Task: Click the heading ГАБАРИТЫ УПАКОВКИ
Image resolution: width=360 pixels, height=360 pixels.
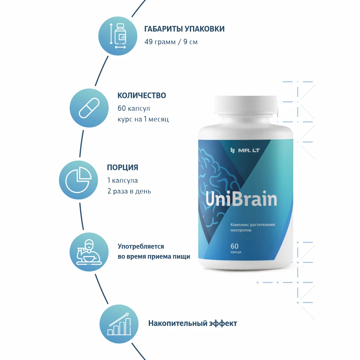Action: click(184, 29)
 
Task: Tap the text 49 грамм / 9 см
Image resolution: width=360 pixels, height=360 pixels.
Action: click(171, 42)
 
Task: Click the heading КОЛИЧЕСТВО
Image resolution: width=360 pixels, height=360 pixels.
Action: click(142, 95)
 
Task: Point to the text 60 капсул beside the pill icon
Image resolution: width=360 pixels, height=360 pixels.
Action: click(134, 108)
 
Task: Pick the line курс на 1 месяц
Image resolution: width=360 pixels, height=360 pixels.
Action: click(143, 119)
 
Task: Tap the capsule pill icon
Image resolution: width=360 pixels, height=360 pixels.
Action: click(89, 108)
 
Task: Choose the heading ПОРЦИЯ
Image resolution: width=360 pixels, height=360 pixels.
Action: click(122, 167)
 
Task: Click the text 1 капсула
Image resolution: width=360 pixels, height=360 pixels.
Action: click(122, 180)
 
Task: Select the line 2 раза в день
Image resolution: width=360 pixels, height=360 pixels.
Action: click(129, 191)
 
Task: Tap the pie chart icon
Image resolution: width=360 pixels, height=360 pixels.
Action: click(79, 180)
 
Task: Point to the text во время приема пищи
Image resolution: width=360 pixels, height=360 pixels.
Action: click(154, 257)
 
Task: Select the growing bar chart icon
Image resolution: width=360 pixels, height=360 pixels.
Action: click(119, 323)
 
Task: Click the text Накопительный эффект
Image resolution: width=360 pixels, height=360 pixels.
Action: click(192, 323)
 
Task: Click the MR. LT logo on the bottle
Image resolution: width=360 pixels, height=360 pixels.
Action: click(246, 151)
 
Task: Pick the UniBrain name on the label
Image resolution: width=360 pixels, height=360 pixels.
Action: click(241, 199)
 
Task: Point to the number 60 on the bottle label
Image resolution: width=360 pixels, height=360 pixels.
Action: click(234, 247)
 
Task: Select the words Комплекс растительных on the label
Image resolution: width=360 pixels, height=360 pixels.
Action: click(253, 225)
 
